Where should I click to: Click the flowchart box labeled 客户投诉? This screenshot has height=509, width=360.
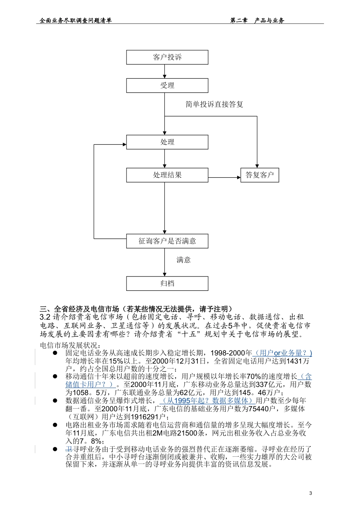[167, 57]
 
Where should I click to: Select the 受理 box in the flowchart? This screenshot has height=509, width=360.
[167, 86]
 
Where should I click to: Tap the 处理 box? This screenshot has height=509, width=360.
[167, 142]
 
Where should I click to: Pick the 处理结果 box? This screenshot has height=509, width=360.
[167, 175]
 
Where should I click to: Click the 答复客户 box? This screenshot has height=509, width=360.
[260, 175]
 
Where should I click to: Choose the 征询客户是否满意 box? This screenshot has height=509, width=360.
[167, 241]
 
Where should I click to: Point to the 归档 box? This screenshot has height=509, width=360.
[167, 283]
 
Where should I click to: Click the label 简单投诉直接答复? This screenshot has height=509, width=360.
[214, 104]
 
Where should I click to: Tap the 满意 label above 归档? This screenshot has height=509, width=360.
[183, 260]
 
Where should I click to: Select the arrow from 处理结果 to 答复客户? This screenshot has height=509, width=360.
[224, 177]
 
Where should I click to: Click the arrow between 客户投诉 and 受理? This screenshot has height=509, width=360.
[164, 71]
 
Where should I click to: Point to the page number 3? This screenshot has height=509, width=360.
[311, 493]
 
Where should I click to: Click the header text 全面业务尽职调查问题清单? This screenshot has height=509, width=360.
[76, 21]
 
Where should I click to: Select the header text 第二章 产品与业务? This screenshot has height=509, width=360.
[257, 21]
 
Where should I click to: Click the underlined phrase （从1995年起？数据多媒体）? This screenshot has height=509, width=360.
[207, 401]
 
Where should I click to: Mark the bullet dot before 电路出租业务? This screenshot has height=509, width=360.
[55, 425]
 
